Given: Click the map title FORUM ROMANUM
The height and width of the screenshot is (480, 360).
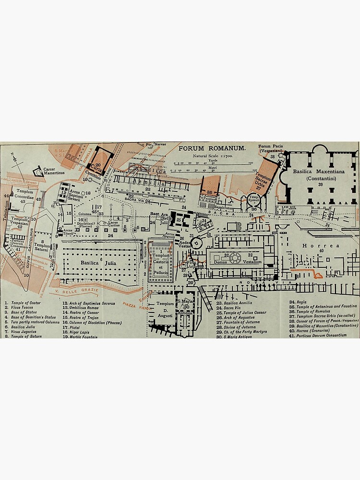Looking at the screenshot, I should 212,148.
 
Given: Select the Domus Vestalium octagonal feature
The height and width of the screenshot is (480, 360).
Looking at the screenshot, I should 235,258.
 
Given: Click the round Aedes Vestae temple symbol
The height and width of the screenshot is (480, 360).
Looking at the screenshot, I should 196,244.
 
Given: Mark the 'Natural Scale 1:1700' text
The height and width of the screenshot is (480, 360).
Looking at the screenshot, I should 213,156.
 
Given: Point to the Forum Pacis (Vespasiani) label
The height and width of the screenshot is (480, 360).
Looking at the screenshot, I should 271,148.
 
